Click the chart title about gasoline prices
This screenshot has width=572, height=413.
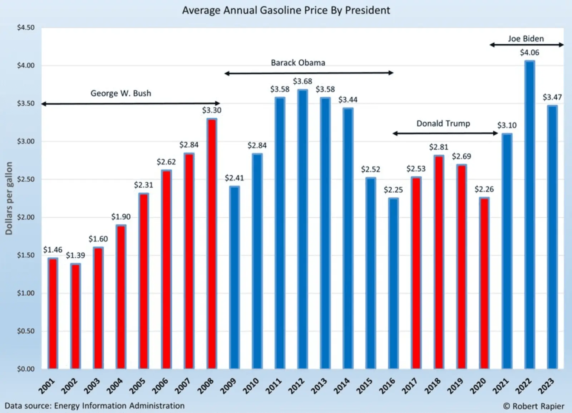tap(286, 10)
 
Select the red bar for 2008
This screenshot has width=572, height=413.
tap(212, 243)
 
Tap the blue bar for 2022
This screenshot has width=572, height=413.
tap(529, 215)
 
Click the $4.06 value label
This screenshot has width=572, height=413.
tap(529, 53)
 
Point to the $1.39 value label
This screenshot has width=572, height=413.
tap(75, 255)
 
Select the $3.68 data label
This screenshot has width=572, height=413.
tap(302, 81)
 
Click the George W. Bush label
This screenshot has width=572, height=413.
tap(121, 93)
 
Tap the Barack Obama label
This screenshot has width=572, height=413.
tap(298, 63)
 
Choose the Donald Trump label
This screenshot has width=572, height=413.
tap(443, 123)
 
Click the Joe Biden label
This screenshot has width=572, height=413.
tap(526, 39)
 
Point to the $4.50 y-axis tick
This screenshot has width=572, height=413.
tap(26, 28)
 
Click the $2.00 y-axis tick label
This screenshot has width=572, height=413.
tap(26, 217)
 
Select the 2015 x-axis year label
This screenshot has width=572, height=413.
tap(365, 386)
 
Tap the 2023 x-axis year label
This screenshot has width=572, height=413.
tap(547, 386)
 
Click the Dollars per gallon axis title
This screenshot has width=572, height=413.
tap(9, 198)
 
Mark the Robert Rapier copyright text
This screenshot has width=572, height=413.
tap(533, 406)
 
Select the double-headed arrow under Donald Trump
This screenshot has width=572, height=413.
tap(445, 133)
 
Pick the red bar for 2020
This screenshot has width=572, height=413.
tap(484, 283)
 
